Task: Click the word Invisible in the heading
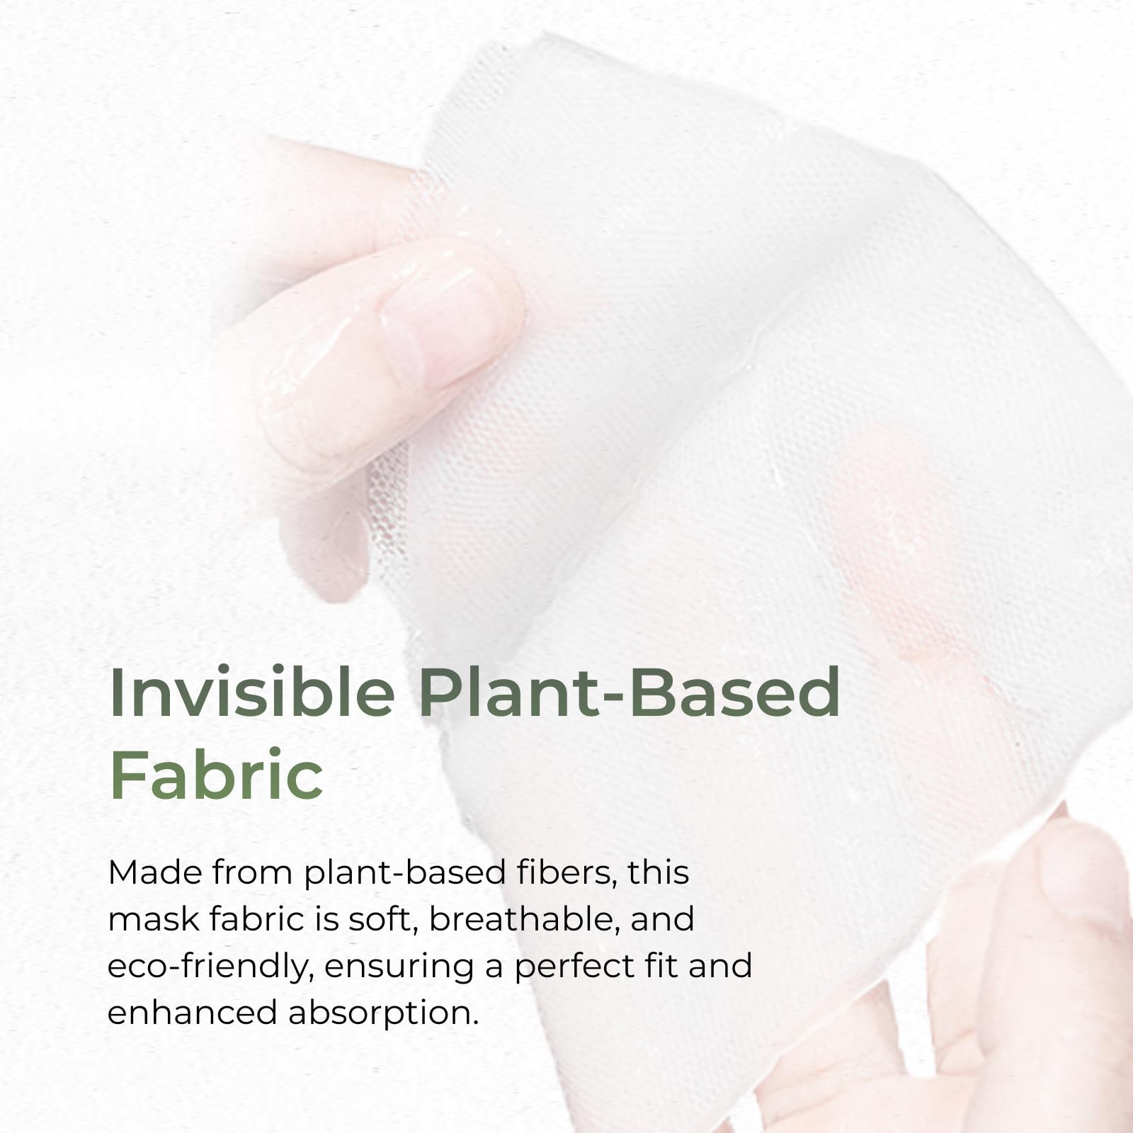point(252,693)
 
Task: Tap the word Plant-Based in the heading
point(629,693)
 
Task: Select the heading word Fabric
point(217,775)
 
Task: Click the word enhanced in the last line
point(191,1013)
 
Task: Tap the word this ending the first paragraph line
point(658,872)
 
